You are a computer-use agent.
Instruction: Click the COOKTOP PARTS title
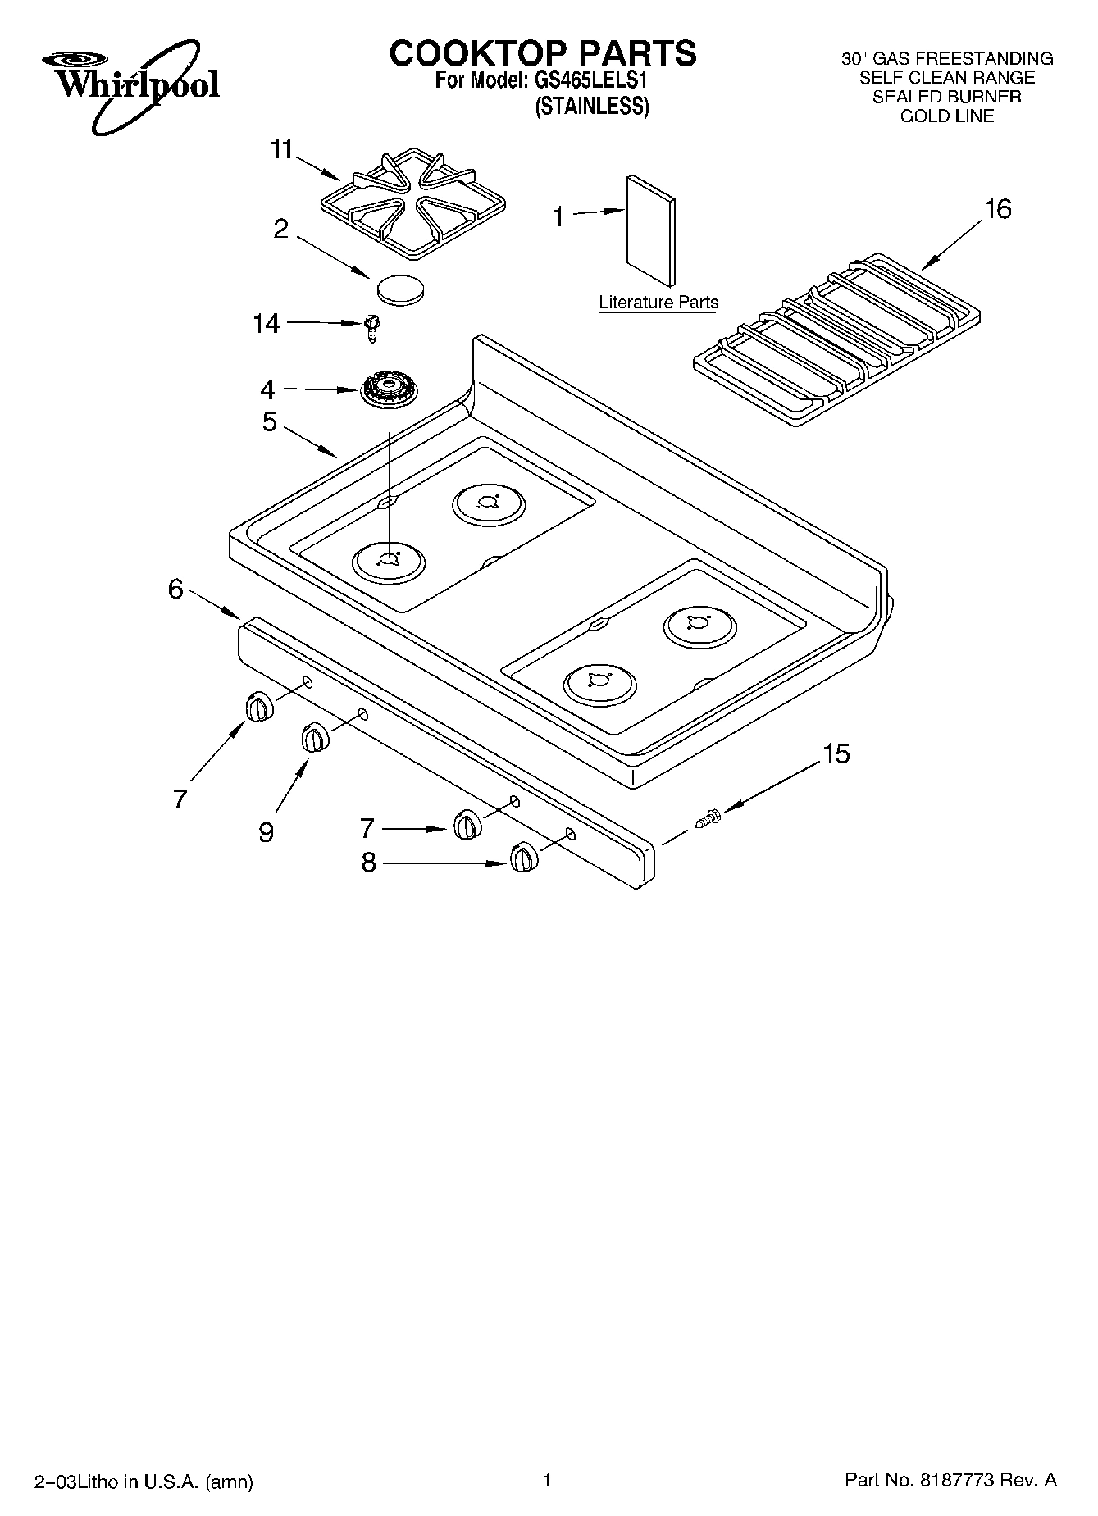pyautogui.click(x=542, y=53)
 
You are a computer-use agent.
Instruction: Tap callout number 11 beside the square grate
pyautogui.click(x=282, y=150)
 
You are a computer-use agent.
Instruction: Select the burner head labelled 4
pyautogui.click(x=389, y=391)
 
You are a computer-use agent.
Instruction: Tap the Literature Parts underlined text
pyautogui.click(x=658, y=303)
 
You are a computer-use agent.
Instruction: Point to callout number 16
pyautogui.click(x=997, y=210)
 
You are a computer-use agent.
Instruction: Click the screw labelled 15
pyautogui.click(x=708, y=817)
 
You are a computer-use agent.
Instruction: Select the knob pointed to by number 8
pyautogui.click(x=523, y=858)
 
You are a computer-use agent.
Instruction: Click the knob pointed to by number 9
pyautogui.click(x=314, y=737)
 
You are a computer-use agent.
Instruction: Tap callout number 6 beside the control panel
pyautogui.click(x=175, y=589)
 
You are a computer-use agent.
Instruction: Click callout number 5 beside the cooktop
pyautogui.click(x=270, y=422)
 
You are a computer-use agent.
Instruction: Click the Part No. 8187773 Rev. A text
pyautogui.click(x=950, y=1481)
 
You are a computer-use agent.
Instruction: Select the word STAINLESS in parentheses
pyautogui.click(x=592, y=107)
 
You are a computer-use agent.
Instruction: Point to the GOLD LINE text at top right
pyautogui.click(x=946, y=116)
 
